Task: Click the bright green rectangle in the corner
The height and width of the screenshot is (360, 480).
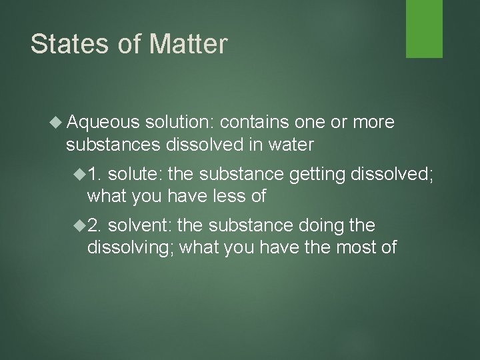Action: click(x=425, y=28)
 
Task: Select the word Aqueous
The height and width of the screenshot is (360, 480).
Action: click(x=103, y=123)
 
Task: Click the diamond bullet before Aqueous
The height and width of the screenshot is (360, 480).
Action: click(x=58, y=123)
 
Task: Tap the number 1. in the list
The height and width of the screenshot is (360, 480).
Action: click(x=95, y=175)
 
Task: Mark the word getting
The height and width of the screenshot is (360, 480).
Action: click(x=315, y=175)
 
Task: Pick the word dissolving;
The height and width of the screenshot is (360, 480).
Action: click(x=131, y=248)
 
